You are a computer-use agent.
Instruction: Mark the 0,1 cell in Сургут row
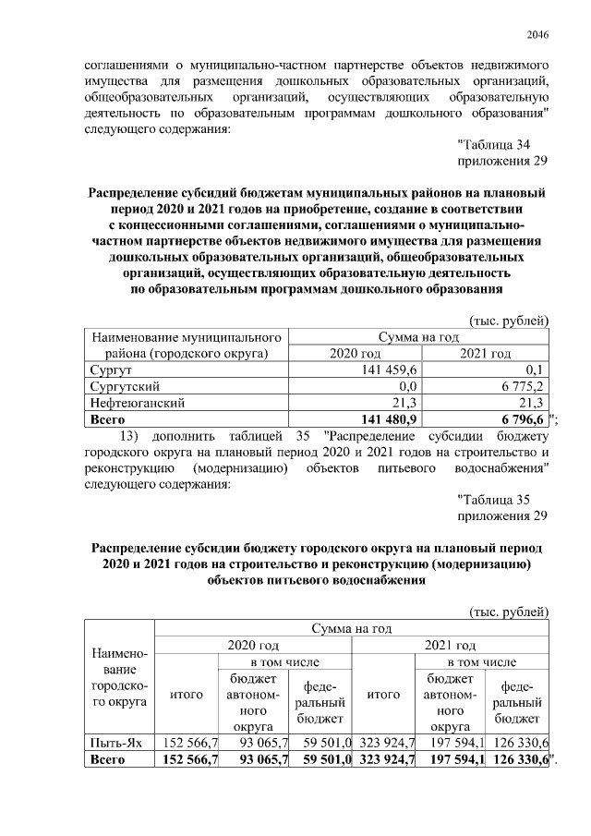[x=537, y=370]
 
